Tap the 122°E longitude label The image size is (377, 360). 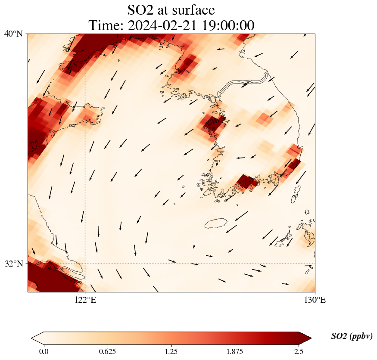(85, 300)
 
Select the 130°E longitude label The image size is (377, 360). (315, 300)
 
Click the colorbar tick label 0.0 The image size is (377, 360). (44, 351)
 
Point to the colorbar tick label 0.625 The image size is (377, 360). (107, 351)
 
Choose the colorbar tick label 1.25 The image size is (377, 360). (171, 351)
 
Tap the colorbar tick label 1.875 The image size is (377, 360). (235, 351)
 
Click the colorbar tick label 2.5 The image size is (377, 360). (299, 351)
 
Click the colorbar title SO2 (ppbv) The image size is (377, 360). (352, 336)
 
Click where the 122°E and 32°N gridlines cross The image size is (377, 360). (85, 264)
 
